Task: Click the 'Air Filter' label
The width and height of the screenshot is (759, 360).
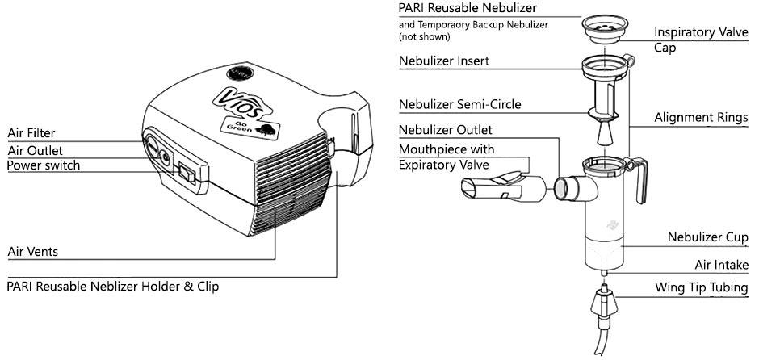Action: click(x=31, y=133)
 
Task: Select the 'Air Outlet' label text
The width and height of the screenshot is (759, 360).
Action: click(x=35, y=150)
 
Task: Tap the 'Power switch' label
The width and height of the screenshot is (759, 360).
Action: click(x=44, y=165)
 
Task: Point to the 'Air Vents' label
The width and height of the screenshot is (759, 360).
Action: click(x=32, y=251)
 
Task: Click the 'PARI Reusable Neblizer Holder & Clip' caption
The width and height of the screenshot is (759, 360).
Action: click(x=113, y=286)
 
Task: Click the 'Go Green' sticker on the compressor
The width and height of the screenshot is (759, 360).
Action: click(x=247, y=128)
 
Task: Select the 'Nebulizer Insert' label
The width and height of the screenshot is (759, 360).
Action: click(x=443, y=61)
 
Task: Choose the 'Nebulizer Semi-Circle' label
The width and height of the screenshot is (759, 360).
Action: click(x=460, y=104)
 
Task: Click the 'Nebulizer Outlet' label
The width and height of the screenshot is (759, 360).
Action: click(x=445, y=129)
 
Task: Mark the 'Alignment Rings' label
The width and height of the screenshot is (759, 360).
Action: click(x=699, y=118)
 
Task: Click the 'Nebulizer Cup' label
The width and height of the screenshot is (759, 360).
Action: click(x=707, y=237)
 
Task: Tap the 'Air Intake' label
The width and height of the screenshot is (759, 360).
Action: click(x=721, y=265)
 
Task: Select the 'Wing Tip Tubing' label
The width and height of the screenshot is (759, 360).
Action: click(x=701, y=287)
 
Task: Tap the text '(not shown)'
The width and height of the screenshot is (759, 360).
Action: click(x=424, y=37)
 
